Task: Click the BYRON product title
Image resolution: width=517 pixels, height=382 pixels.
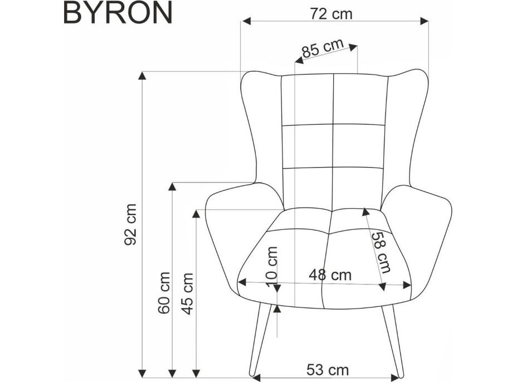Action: click(118, 12)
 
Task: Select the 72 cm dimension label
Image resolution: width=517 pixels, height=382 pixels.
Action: click(331, 14)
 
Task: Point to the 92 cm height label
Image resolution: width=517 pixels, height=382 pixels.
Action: click(130, 224)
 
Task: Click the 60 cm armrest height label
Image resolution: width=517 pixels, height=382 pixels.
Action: click(164, 293)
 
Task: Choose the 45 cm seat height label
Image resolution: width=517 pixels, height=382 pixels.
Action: click(187, 293)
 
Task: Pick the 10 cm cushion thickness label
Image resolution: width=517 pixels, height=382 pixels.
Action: click(272, 267)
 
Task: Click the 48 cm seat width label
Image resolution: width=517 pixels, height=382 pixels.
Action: click(330, 275)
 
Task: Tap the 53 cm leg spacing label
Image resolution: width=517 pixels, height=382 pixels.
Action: click(328, 370)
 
